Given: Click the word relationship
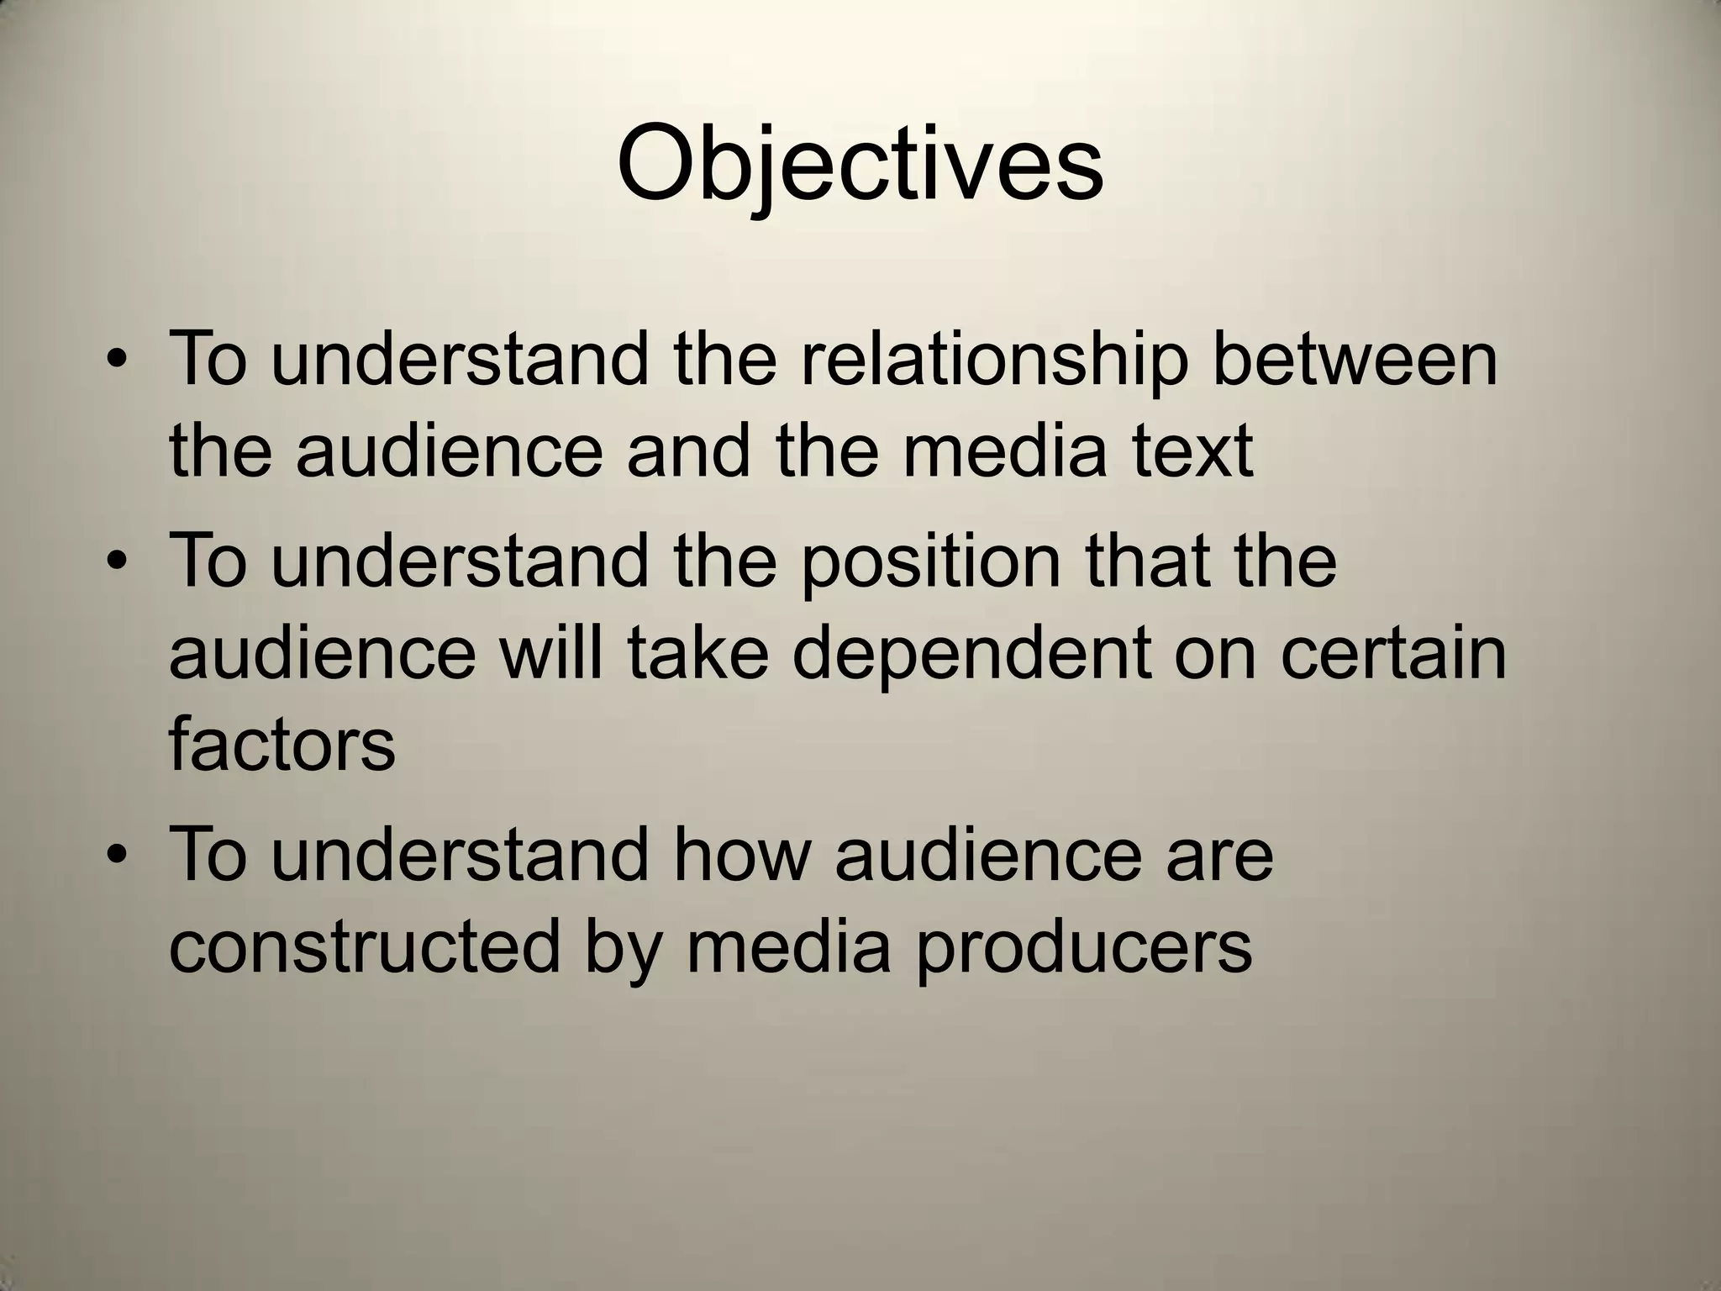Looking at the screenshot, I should [x=994, y=360].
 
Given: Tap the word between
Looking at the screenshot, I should [x=1355, y=360].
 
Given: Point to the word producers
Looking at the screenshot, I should [x=1083, y=947].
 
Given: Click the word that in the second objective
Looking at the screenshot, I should [x=1143, y=561].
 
